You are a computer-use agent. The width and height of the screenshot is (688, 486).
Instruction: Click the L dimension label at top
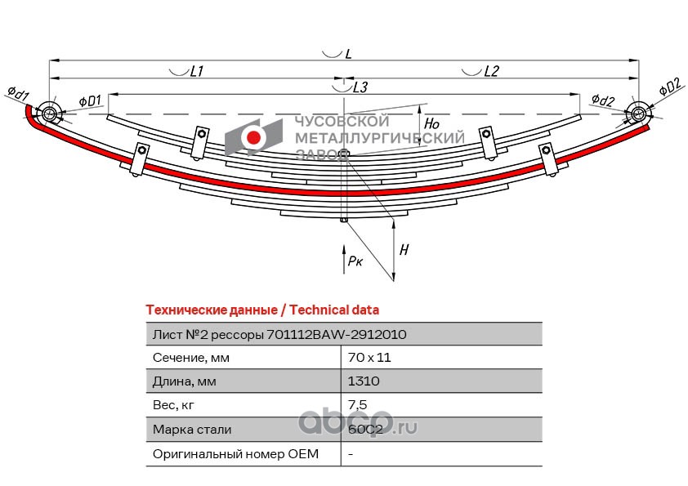pyautogui.click(x=349, y=54)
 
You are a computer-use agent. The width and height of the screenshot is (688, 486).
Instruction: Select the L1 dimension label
pyautogui.click(x=197, y=71)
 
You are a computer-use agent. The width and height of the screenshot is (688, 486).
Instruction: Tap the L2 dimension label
pyautogui.click(x=492, y=71)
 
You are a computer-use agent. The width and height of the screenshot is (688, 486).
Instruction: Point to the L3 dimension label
pyautogui.click(x=360, y=87)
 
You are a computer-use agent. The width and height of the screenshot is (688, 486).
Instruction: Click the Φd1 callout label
pyautogui.click(x=18, y=92)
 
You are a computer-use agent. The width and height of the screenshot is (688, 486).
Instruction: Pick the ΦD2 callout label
pyautogui.click(x=669, y=87)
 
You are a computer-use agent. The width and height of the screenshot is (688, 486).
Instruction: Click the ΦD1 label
pyautogui.click(x=90, y=101)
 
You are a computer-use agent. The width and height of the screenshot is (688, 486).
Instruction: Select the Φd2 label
pyautogui.click(x=602, y=100)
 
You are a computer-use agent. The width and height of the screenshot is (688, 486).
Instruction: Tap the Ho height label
pyautogui.click(x=431, y=123)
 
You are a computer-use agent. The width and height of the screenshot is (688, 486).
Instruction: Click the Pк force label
pyautogui.click(x=355, y=261)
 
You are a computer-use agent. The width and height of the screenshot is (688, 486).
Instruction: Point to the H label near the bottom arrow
pyautogui.click(x=404, y=250)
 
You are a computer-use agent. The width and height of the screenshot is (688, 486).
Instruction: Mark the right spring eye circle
pyautogui.click(x=637, y=114)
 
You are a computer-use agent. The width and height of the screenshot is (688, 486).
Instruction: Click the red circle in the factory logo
pyautogui.click(x=253, y=137)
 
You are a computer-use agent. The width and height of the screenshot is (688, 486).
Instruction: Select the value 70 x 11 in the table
pyautogui.click(x=369, y=358)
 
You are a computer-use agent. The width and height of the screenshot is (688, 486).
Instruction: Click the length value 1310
pyautogui.click(x=364, y=381)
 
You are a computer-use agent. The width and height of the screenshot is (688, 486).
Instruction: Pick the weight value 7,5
pyautogui.click(x=357, y=405)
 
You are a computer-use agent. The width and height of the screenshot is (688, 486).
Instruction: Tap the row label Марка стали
pyautogui.click(x=192, y=429)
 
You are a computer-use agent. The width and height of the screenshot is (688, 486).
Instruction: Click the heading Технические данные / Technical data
pyautogui.click(x=262, y=310)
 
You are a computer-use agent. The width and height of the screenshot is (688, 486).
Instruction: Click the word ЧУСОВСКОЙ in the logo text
pyautogui.click(x=342, y=121)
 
